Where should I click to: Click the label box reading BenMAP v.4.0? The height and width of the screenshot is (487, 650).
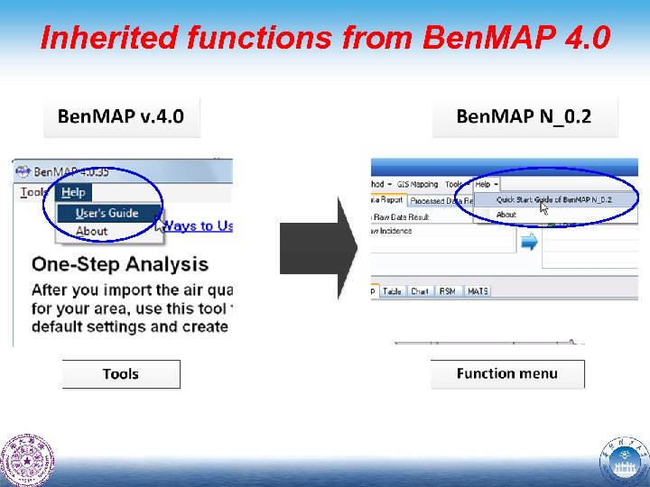pyautogui.click(x=121, y=116)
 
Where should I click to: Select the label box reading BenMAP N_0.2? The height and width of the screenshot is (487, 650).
pyautogui.click(x=524, y=116)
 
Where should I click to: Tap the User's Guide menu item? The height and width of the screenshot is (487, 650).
pyautogui.click(x=107, y=213)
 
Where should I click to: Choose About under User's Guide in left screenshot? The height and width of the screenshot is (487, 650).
pyautogui.click(x=91, y=231)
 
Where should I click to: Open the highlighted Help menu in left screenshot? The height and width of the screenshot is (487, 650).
pyautogui.click(x=73, y=192)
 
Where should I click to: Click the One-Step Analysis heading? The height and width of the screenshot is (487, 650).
pyautogui.click(x=120, y=264)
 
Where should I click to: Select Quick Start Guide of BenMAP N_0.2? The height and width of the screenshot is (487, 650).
pyautogui.click(x=553, y=199)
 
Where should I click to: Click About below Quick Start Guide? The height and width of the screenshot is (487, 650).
pyautogui.click(x=506, y=215)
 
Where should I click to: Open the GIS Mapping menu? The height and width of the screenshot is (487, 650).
pyautogui.click(x=416, y=184)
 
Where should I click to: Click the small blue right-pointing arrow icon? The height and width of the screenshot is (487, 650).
pyautogui.click(x=529, y=241)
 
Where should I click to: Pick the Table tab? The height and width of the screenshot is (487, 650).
pyautogui.click(x=393, y=291)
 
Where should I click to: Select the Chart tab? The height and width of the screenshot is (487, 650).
pyautogui.click(x=420, y=291)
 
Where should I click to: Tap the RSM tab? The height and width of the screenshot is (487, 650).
pyautogui.click(x=448, y=291)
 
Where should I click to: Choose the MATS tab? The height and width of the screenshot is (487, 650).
pyautogui.click(x=478, y=291)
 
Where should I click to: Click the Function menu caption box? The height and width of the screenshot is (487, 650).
pyautogui.click(x=506, y=373)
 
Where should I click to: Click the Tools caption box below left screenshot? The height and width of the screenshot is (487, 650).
pyautogui.click(x=121, y=374)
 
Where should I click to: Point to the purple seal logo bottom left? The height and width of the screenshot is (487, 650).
pyautogui.click(x=27, y=460)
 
